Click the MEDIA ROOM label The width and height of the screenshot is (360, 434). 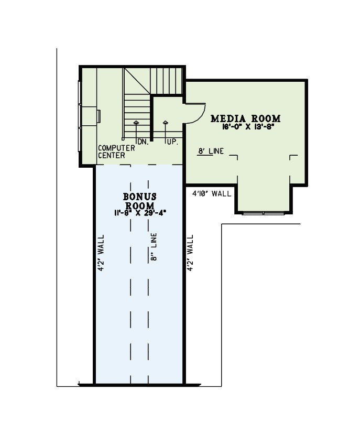tap(245, 118)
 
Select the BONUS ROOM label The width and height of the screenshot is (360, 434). tap(140, 201)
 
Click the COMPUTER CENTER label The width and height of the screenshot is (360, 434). tap(116, 151)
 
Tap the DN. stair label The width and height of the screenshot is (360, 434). tap(143, 142)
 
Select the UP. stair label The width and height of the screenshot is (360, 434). tap(172, 142)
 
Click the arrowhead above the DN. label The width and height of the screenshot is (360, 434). tap(136, 122)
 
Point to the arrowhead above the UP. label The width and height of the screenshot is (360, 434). tap(166, 122)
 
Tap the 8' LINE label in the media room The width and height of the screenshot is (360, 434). tap(211, 151)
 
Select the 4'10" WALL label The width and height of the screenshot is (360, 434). tap(212, 193)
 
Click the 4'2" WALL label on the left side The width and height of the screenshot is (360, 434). tap(101, 253)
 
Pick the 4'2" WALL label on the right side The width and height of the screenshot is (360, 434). tap(190, 253)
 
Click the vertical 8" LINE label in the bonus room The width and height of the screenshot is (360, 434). tap(154, 247)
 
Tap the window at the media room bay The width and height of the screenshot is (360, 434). tap(264, 213)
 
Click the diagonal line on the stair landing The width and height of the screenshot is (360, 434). tap(137, 81)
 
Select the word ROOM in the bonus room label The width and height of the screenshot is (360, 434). tap(140, 206)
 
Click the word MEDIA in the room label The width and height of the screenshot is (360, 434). tap(228, 118)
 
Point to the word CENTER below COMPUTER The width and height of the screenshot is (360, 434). tap(112, 156)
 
